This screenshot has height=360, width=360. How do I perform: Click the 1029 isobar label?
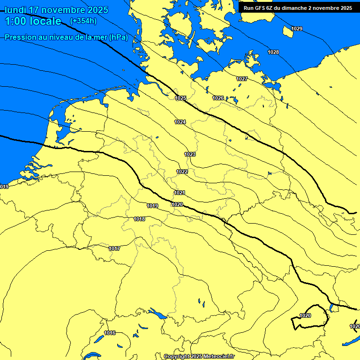pos(297,29)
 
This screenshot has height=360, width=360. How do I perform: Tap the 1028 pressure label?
pos(273,52)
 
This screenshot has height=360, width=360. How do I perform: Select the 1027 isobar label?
pos(242,79)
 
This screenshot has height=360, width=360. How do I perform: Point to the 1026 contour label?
pos(218,98)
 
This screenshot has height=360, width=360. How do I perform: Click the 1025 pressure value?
pos(180,98)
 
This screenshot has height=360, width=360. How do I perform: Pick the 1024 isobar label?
pos(180,122)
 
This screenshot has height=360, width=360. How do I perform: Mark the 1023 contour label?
pos(190,154)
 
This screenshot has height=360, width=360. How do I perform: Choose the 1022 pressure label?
pos(182,172)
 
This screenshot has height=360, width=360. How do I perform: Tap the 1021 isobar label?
pos(180,193)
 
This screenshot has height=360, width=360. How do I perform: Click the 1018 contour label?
pos(139,219)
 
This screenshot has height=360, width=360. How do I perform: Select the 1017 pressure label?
pos(114,248)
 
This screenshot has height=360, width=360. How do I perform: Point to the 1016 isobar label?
pos(110,333)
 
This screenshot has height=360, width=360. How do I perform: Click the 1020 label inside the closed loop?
pos(305,315)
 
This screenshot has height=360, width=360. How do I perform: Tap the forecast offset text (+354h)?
pos(83,21)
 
